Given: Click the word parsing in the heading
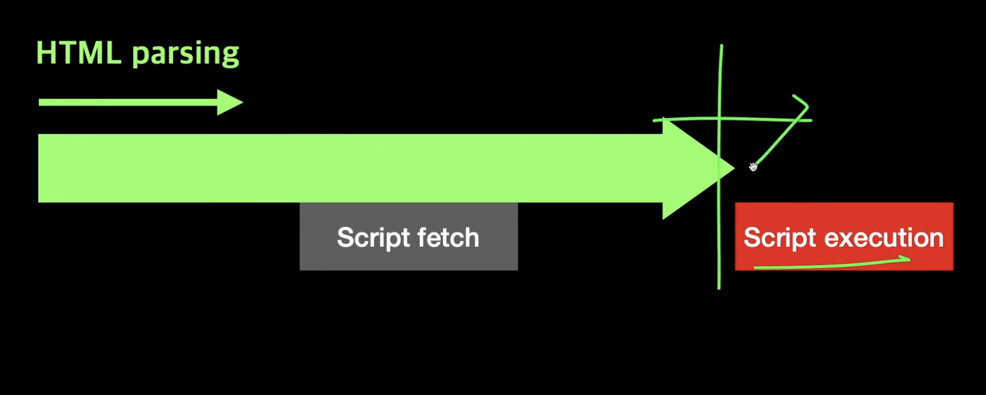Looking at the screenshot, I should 185,54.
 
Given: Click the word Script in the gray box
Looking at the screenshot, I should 372,238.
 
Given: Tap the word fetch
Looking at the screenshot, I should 447,237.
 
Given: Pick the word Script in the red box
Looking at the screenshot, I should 779,238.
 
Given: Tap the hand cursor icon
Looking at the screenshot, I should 753,167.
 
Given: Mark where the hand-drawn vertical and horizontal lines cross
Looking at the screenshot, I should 720,119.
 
